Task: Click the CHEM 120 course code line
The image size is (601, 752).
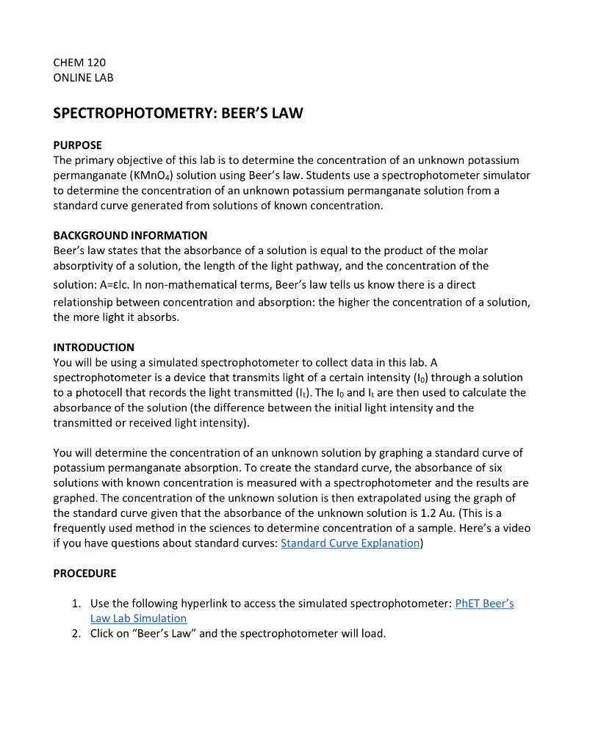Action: point(79,62)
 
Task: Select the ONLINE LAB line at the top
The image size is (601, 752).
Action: point(83,77)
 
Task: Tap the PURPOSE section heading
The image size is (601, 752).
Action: point(77,145)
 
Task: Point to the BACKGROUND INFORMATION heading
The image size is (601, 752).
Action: point(130,235)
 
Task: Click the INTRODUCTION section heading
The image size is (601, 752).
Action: point(93,347)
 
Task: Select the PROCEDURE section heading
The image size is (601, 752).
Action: point(84,573)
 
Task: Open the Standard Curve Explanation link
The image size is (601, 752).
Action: point(350,543)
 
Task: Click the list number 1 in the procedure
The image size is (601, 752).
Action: point(76,604)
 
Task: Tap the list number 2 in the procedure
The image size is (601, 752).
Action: point(76,633)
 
